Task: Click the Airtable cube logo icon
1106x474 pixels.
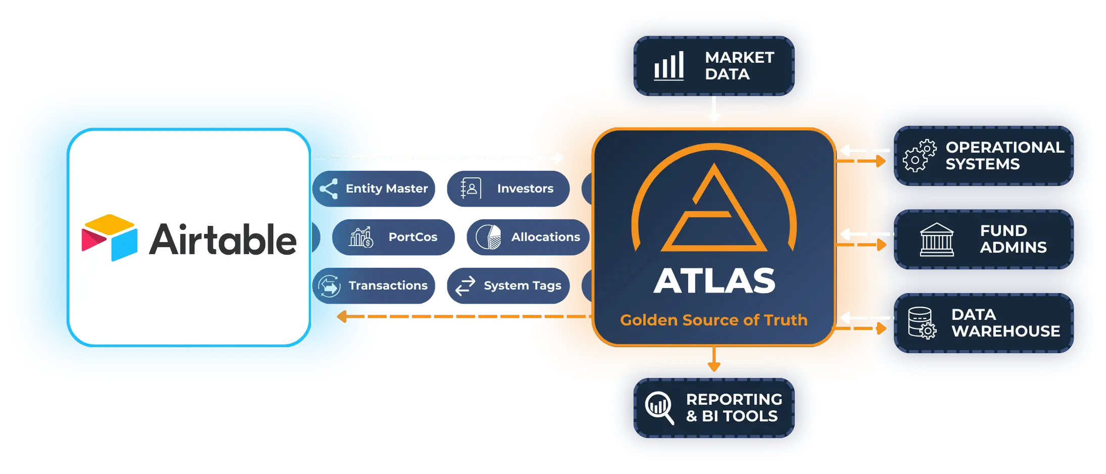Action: tap(109, 238)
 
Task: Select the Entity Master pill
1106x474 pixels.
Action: tap(374, 188)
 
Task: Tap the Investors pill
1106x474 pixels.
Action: tap(508, 188)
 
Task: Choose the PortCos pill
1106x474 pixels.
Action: tap(393, 237)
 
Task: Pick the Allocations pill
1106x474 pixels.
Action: tap(528, 237)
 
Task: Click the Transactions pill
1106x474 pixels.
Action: tap(374, 286)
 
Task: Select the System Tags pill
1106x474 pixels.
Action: tap(508, 286)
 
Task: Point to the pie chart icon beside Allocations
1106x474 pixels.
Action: tap(488, 237)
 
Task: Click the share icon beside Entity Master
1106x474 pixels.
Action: tap(329, 188)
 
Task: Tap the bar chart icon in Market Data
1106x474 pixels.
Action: tap(669, 66)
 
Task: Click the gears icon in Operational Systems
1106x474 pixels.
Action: tap(919, 156)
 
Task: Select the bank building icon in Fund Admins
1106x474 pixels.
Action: tap(937, 240)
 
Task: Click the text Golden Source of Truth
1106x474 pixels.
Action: tap(714, 320)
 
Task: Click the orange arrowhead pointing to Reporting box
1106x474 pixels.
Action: tap(714, 366)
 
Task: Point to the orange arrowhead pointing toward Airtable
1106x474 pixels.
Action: tap(342, 316)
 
